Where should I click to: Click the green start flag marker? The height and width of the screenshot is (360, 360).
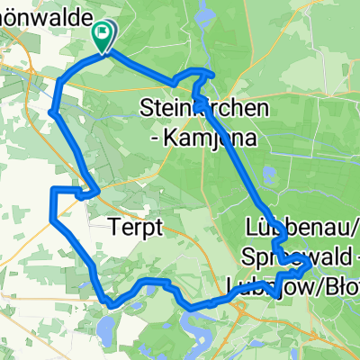[x=103, y=33]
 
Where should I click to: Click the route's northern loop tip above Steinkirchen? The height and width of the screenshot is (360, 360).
[x=209, y=71]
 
